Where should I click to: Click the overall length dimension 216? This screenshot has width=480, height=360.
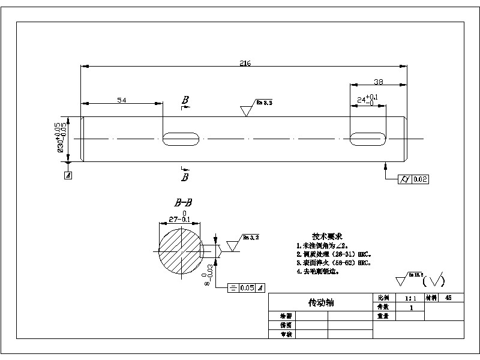[x=245, y=62]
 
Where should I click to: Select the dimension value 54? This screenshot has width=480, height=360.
[x=121, y=100]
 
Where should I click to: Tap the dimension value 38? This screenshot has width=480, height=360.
[x=378, y=82]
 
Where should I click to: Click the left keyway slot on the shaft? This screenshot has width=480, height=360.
[x=181, y=139]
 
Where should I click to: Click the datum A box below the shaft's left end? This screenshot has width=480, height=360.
[x=68, y=176]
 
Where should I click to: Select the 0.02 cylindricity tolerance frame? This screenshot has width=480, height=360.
[x=413, y=179]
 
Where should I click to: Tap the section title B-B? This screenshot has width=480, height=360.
[x=183, y=204]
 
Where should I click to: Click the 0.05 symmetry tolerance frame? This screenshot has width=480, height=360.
[x=247, y=288]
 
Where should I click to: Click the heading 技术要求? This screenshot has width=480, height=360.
[x=328, y=236]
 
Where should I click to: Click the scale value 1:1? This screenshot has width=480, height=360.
[x=410, y=298]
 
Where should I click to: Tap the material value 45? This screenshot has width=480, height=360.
[x=449, y=298]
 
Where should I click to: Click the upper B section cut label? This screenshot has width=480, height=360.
[x=185, y=100]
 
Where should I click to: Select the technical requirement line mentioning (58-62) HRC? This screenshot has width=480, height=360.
[x=334, y=263]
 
